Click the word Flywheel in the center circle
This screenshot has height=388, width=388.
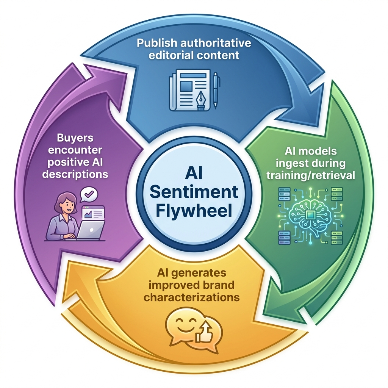click(x=194, y=211)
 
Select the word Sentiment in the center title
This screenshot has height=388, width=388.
click(x=194, y=192)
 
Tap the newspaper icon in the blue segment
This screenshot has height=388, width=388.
click(x=188, y=90)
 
